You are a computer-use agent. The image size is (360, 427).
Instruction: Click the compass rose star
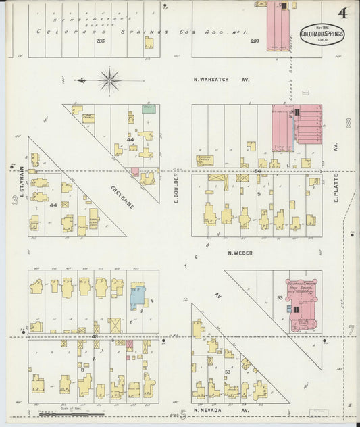coord(109,80)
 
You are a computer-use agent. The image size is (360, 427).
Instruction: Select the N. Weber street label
coord(240,254)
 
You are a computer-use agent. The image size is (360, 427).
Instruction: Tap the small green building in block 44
coord(149,107)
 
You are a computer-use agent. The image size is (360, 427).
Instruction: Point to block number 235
coord(101,41)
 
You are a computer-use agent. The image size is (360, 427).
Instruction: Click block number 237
coord(255,41)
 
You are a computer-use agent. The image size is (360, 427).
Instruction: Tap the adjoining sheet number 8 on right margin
coord(349,123)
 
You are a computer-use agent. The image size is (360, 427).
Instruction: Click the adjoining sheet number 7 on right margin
coord(351,330)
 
